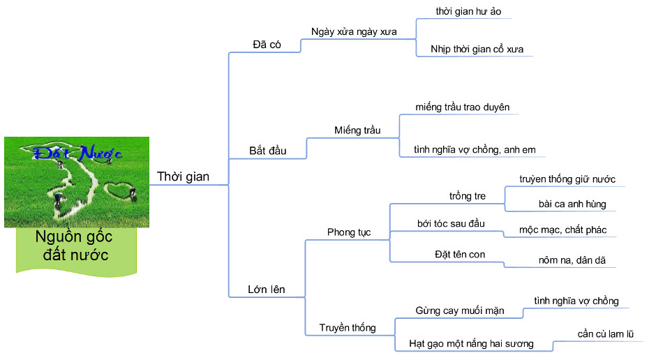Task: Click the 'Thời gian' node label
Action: tap(183, 177)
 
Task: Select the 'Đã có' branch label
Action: tap(267, 44)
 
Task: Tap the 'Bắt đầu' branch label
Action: tap(268, 151)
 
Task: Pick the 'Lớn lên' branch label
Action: tap(267, 289)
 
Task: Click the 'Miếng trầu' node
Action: tap(357, 130)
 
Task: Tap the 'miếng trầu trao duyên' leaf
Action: tap(462, 107)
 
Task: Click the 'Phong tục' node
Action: tap(349, 232)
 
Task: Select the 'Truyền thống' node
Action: tap(348, 327)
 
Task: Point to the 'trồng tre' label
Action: tap(468, 196)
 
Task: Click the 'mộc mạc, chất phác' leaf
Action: tap(567, 229)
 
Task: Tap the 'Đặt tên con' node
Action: tap(459, 253)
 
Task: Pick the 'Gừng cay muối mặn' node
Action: tap(459, 310)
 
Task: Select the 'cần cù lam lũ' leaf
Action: tap(605, 333)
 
